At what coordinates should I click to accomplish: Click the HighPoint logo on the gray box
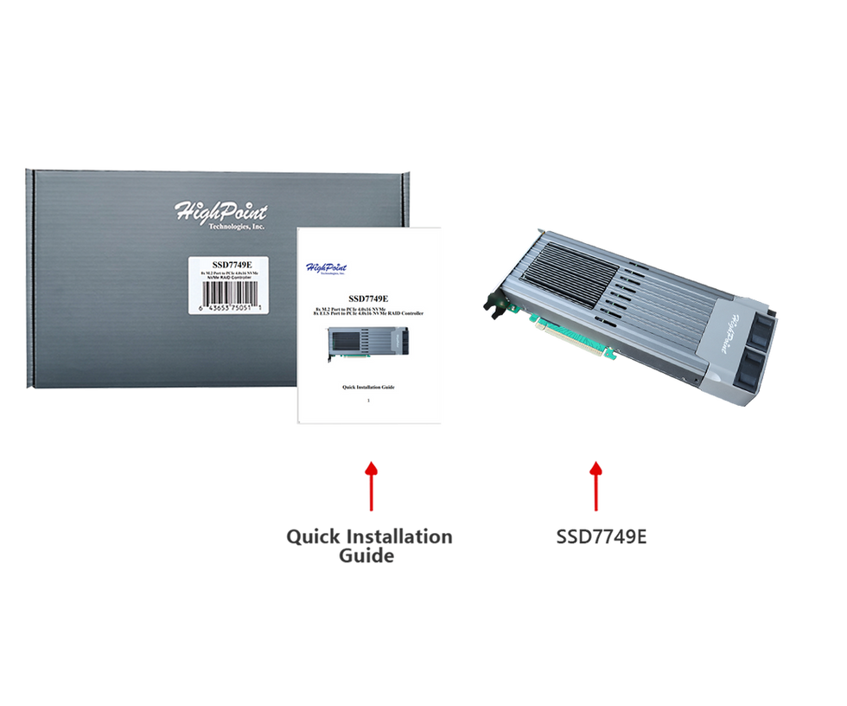(x=221, y=211)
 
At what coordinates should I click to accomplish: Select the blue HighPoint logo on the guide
(x=322, y=266)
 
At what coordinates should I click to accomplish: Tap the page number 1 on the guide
(x=368, y=401)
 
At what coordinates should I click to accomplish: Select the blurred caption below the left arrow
(x=368, y=547)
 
